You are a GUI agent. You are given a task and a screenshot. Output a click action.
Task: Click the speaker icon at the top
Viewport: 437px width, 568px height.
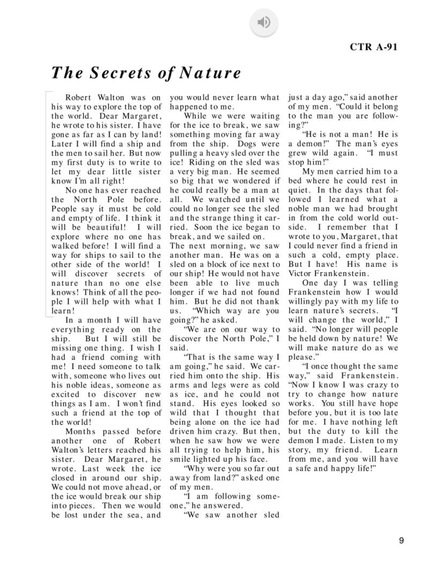tap(264, 22)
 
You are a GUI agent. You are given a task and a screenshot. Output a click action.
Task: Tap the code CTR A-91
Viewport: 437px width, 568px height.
tap(374, 47)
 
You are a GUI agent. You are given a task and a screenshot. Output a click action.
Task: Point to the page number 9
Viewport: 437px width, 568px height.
tap(401, 541)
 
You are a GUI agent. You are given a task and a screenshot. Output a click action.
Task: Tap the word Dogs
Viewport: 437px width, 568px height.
tap(247, 144)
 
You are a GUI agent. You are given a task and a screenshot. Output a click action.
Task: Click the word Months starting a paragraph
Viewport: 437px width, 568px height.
tap(80, 431)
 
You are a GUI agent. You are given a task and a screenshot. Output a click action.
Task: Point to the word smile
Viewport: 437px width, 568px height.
tap(181, 459)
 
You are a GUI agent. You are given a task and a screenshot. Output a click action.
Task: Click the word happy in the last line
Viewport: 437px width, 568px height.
tap(340, 468)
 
